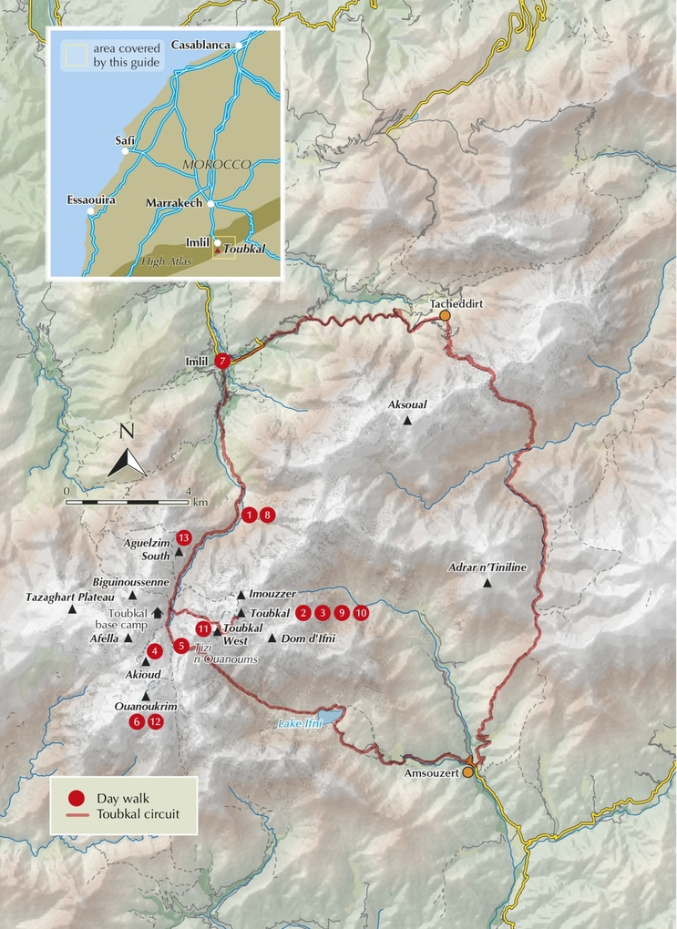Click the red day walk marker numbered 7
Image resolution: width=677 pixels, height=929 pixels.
click(224, 362)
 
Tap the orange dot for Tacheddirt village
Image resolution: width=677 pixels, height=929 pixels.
click(445, 315)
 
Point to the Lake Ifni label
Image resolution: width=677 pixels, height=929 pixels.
click(300, 725)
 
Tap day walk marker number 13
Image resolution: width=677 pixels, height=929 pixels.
click(184, 537)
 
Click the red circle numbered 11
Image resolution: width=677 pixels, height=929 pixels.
click(203, 628)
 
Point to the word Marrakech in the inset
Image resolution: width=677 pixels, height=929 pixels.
click(172, 203)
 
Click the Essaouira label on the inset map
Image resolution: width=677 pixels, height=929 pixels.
click(92, 199)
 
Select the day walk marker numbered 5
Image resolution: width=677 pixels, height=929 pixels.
click(182, 646)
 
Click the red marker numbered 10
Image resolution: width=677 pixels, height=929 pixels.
click(362, 613)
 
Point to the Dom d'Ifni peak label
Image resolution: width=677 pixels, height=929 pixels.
click(307, 638)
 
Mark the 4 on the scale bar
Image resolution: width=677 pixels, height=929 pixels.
click(188, 491)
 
